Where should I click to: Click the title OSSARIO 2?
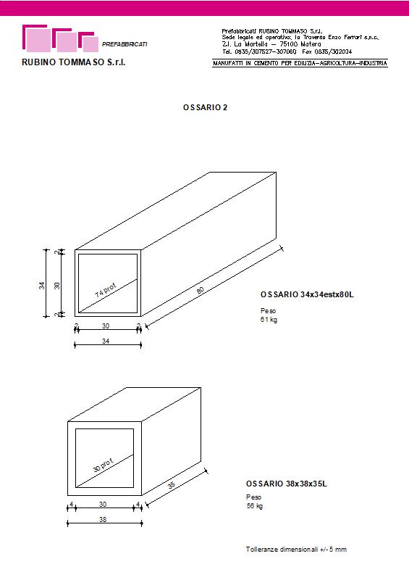point(205,107)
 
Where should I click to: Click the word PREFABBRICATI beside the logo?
point(125,44)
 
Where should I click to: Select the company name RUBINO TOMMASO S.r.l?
point(74,62)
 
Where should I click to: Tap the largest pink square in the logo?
point(39,41)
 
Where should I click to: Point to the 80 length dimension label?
point(200,291)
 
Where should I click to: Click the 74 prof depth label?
point(106,291)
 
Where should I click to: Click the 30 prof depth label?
point(103,465)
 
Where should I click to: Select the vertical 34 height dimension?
point(42,286)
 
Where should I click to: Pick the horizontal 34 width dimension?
point(106,341)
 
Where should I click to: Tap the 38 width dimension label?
point(103,519)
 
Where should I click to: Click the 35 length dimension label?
point(172,485)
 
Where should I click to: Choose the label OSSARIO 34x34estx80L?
point(307,295)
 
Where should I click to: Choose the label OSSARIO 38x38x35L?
point(287,484)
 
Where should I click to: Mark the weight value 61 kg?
point(269,320)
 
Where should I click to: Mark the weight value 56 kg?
point(255,506)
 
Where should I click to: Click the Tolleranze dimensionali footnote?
point(296,550)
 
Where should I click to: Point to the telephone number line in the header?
point(287,51)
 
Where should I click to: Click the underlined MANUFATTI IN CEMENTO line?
point(300,63)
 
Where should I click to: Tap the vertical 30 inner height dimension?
point(57,286)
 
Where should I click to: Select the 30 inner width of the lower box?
point(103,504)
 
